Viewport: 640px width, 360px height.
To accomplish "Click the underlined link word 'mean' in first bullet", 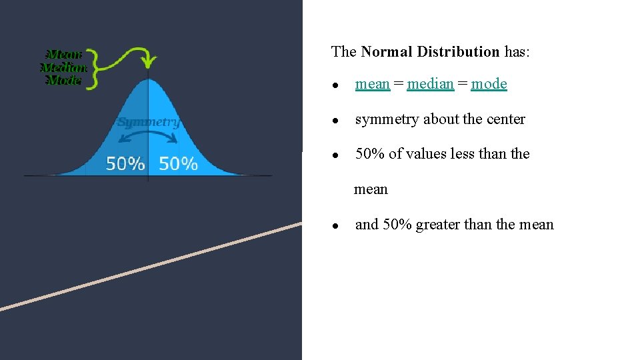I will [x=372, y=84].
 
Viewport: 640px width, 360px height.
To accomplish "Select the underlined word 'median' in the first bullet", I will [x=430, y=84].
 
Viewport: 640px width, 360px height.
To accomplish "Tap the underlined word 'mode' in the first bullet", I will [x=489, y=84].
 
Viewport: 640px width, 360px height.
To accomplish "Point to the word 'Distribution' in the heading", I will [x=459, y=51].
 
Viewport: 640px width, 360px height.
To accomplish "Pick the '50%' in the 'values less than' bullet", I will [x=370, y=154].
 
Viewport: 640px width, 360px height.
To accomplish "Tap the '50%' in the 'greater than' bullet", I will [x=397, y=225].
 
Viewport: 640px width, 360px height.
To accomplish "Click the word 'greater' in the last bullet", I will [x=437, y=225].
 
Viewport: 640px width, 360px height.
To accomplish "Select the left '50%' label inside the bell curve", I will [x=125, y=163].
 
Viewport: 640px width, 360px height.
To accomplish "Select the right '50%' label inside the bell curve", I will [x=178, y=163].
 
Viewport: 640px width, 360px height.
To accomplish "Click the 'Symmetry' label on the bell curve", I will [x=148, y=122].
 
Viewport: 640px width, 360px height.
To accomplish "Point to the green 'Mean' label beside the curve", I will [x=64, y=54].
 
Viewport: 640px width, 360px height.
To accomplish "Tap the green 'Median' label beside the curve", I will [x=64, y=67].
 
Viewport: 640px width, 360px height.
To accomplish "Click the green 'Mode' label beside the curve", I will [x=64, y=80].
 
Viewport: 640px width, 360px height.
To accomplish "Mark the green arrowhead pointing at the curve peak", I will [x=150, y=64].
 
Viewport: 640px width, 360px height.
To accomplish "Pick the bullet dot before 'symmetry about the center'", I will [x=339, y=121].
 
